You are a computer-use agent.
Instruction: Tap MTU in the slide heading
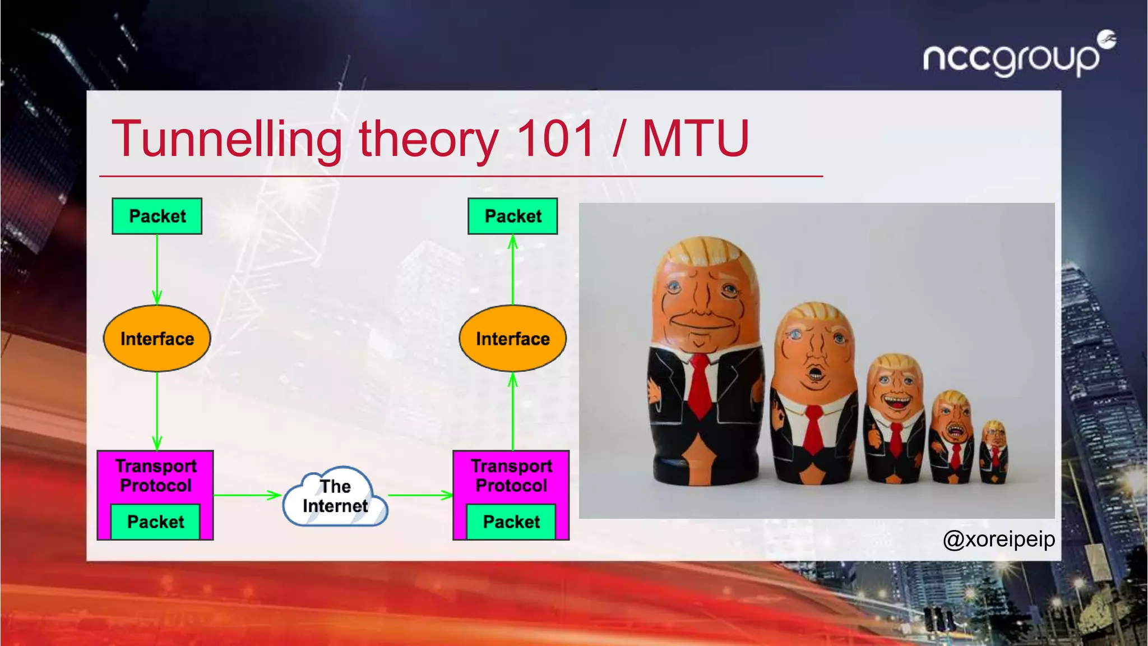[x=695, y=139]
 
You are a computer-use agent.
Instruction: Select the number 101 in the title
[x=555, y=139]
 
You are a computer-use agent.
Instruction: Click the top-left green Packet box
[x=157, y=216]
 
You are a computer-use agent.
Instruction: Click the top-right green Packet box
[x=512, y=216]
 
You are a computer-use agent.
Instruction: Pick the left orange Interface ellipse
[x=157, y=338]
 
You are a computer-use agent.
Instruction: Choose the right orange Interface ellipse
[x=512, y=338]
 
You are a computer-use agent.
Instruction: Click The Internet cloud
[x=335, y=497]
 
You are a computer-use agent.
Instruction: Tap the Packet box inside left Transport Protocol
[x=155, y=522]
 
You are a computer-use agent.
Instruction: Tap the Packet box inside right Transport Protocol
[x=511, y=522]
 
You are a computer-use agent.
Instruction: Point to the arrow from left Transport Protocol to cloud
[x=247, y=495]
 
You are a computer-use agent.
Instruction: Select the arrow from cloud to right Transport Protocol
[x=420, y=495]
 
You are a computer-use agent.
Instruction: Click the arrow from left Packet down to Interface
[x=157, y=269]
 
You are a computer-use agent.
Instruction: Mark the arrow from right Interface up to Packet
[x=512, y=269]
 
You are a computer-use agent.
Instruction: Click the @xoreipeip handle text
[x=998, y=539]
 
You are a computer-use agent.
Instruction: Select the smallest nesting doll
[x=993, y=452]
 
